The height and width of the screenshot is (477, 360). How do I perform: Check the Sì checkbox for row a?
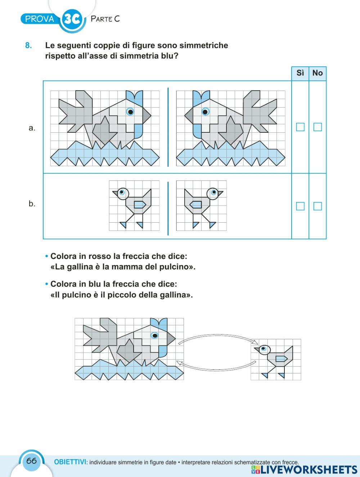tap(300, 127)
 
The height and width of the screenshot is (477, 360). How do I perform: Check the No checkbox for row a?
tap(318, 127)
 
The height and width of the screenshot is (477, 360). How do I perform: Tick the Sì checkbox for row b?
tap(300, 206)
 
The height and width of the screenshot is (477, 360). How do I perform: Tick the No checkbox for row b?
tap(318, 206)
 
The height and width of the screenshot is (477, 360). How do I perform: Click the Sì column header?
tap(300, 73)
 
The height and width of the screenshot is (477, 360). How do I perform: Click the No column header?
tap(318, 73)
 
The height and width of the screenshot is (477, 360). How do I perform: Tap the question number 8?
tap(28, 46)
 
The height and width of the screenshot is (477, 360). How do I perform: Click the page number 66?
tap(32, 461)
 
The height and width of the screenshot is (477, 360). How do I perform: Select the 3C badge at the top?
tap(72, 19)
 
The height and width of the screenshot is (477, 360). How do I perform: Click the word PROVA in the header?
tap(40, 19)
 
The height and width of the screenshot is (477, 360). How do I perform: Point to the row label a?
tap(32, 128)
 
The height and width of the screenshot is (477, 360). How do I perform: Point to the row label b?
tap(32, 204)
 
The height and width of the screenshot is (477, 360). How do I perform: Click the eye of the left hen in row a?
tap(130, 112)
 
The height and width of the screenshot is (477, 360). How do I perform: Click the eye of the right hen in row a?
tap(205, 112)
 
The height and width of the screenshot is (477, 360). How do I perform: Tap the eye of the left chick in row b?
tap(122, 192)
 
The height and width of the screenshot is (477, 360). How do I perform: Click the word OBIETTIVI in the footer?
tap(70, 462)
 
